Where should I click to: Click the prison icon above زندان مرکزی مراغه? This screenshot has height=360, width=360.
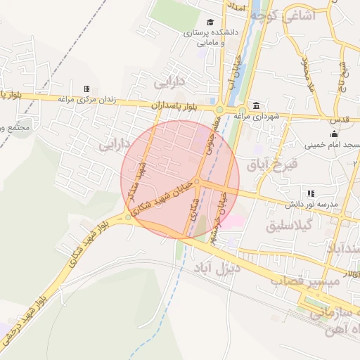pyautogui.click(x=86, y=89)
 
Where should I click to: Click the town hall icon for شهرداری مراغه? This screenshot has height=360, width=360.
pyautogui.click(x=255, y=105)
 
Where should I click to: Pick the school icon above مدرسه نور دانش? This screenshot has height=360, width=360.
pyautogui.click(x=310, y=193)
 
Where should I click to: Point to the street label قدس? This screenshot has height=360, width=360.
pyautogui.click(x=337, y=120)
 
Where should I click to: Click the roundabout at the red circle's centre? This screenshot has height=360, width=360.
pyautogui.click(x=198, y=181)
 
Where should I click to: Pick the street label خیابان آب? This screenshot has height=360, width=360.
pyautogui.click(x=230, y=77)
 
